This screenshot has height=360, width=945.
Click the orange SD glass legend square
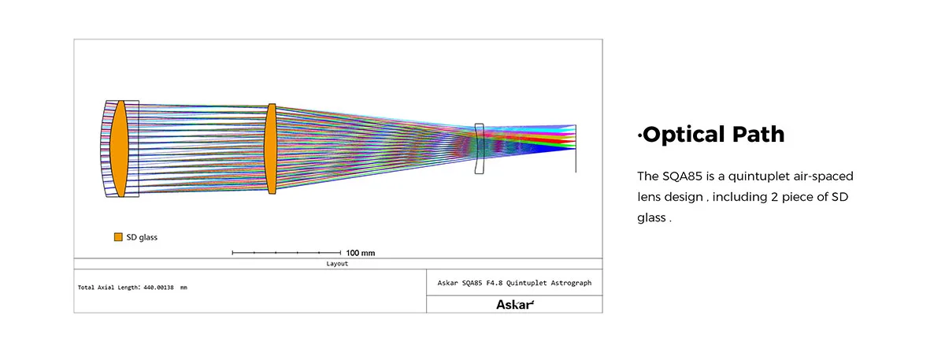[118, 237]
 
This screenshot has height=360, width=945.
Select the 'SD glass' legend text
[142, 237]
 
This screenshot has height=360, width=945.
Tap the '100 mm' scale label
[361, 253]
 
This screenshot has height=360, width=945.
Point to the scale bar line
[287, 252]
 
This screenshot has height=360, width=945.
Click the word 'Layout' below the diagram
[337, 264]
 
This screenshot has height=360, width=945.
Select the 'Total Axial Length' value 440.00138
[158, 288]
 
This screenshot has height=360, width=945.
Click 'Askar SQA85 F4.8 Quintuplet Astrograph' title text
[514, 283]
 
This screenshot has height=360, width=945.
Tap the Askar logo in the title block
[515, 304]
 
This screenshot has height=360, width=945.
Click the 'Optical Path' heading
[711, 135]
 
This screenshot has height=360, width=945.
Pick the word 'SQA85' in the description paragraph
[682, 176]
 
